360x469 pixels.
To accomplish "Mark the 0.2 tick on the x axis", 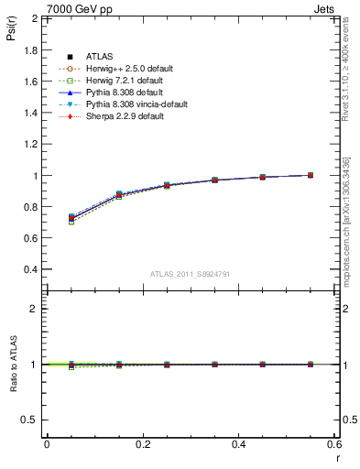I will [x=142, y=444].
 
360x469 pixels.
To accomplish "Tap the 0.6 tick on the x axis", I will [x=334, y=444].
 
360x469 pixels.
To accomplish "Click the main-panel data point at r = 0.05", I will [x=71, y=218].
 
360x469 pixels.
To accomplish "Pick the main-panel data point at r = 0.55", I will [x=311, y=175].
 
